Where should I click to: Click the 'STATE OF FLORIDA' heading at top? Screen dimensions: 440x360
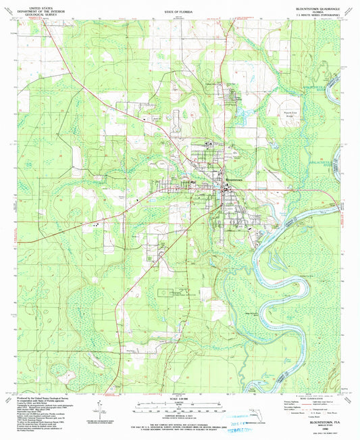pos(180,12)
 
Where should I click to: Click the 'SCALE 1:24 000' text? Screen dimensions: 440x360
pos(180,397)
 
